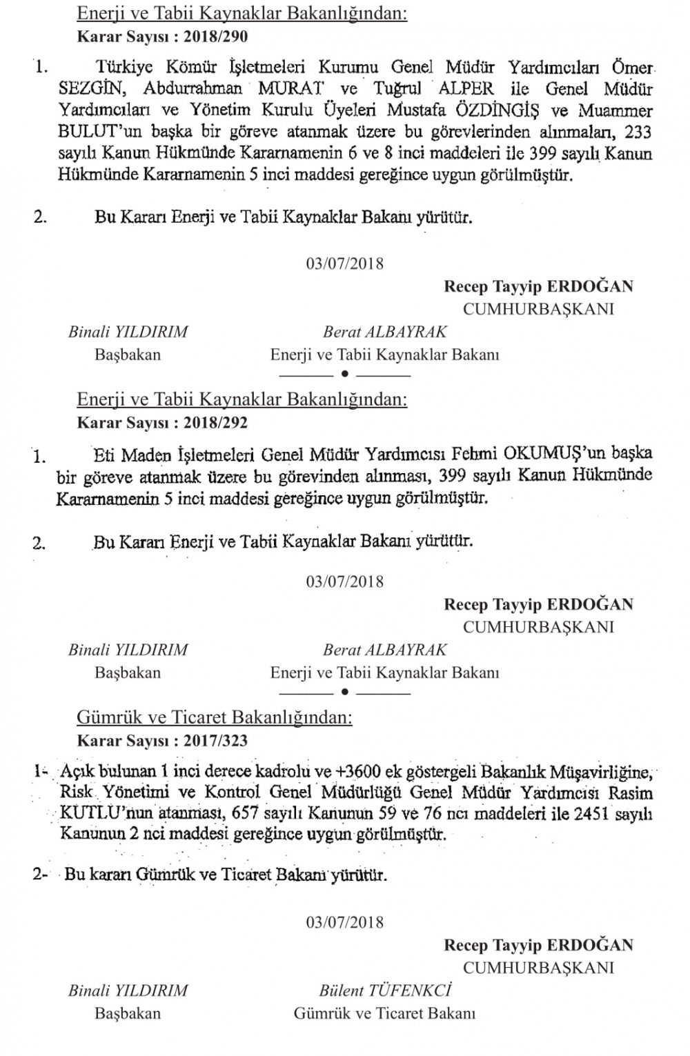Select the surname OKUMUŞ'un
coord(545,455)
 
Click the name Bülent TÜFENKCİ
coord(385,990)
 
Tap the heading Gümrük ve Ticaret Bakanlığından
coord(215,718)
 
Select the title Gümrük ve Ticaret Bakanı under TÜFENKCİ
coord(385,1013)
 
